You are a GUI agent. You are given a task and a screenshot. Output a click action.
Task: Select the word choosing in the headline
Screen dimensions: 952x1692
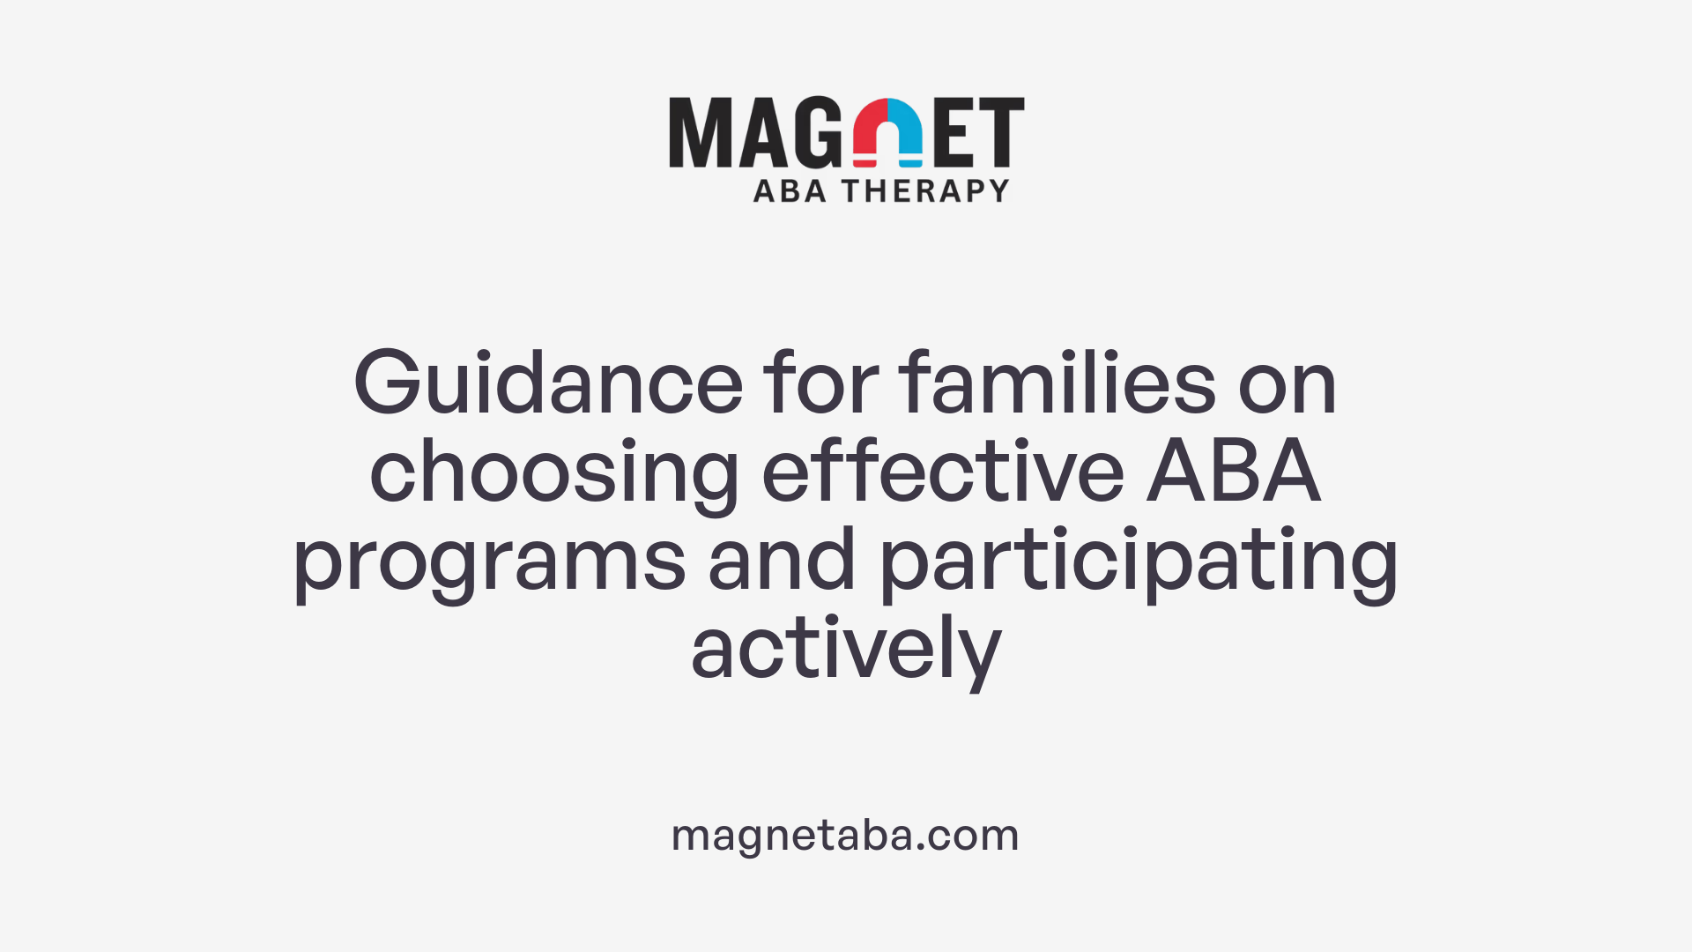pyautogui.click(x=554, y=473)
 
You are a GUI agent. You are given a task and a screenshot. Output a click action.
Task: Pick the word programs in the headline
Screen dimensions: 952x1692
pyautogui.click(x=489, y=562)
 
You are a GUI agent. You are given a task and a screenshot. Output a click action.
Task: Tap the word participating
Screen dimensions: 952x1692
pyautogui.click(x=1139, y=562)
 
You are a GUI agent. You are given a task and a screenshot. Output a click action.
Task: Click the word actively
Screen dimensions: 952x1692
pyautogui.click(x=846, y=651)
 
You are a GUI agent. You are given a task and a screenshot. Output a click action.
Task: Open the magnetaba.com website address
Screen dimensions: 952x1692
pyautogui.click(x=845, y=835)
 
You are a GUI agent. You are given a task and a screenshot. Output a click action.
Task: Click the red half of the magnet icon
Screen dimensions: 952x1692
pyautogui.click(x=869, y=128)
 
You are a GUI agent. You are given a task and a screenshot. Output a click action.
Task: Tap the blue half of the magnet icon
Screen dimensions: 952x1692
pyautogui.click(x=907, y=128)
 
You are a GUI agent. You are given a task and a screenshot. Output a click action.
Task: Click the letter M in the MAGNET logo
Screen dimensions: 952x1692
pyautogui.click(x=700, y=132)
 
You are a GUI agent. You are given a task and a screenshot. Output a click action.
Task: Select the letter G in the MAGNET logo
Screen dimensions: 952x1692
pyautogui.click(x=817, y=132)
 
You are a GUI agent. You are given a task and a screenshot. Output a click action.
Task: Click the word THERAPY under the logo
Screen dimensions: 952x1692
pyautogui.click(x=925, y=191)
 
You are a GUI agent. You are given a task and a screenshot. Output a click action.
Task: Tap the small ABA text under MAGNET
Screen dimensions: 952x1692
pyautogui.click(x=790, y=191)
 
